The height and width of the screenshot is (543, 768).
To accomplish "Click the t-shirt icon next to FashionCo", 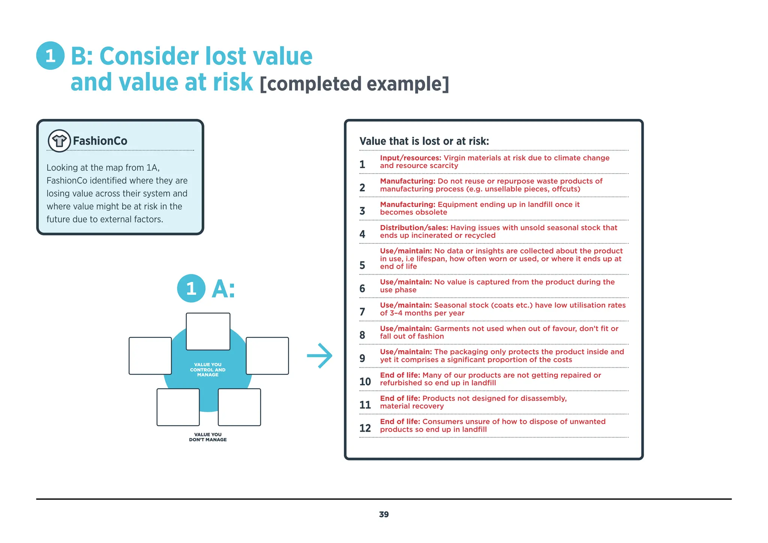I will pyautogui.click(x=59, y=141).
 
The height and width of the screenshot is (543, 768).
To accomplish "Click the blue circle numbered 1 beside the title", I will pyautogui.click(x=50, y=56).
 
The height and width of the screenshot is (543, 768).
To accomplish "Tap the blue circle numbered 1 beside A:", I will pyautogui.click(x=191, y=288).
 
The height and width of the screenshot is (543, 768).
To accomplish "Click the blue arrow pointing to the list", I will pyautogui.click(x=319, y=355).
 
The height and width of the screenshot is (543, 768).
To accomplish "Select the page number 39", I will pyautogui.click(x=384, y=514).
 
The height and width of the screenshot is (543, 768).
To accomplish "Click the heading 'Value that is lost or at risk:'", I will pyautogui.click(x=424, y=141).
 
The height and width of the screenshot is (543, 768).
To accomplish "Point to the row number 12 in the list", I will pyautogui.click(x=365, y=428).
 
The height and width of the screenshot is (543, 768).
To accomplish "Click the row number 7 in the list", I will pyautogui.click(x=362, y=312).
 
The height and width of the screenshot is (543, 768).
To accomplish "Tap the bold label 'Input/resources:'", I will pyautogui.click(x=410, y=158).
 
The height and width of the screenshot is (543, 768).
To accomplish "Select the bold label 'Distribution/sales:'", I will pyautogui.click(x=414, y=228).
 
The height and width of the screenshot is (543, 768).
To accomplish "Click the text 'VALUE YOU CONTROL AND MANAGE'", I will pyautogui.click(x=208, y=370).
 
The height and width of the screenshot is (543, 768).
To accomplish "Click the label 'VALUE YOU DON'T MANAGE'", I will pyautogui.click(x=208, y=437).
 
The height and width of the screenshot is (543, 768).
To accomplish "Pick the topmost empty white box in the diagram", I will pyautogui.click(x=208, y=331).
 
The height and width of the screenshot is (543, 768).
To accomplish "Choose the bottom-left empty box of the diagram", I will pyautogui.click(x=178, y=407).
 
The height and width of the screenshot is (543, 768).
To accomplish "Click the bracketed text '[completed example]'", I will pyautogui.click(x=354, y=84).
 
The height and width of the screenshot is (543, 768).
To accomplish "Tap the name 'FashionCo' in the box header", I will pyautogui.click(x=100, y=141).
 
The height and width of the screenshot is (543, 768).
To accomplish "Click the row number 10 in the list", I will pyautogui.click(x=365, y=382).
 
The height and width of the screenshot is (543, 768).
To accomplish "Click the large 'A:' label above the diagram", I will pyautogui.click(x=223, y=289).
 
